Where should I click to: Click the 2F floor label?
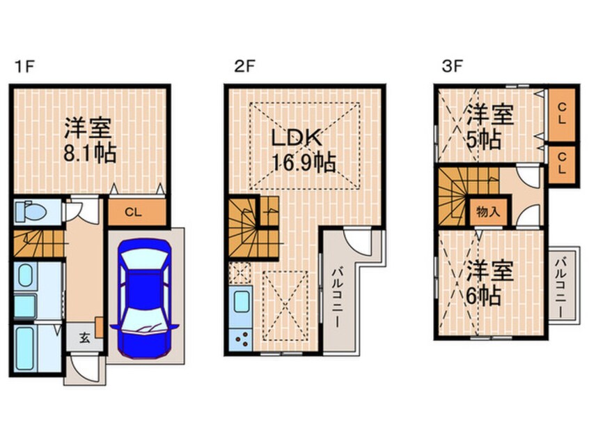click(x=245, y=67)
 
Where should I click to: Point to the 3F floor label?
click(x=452, y=67)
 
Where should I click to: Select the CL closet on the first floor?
click(x=135, y=213)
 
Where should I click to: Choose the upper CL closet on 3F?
click(x=562, y=114)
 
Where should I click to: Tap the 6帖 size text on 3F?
click(x=483, y=296)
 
